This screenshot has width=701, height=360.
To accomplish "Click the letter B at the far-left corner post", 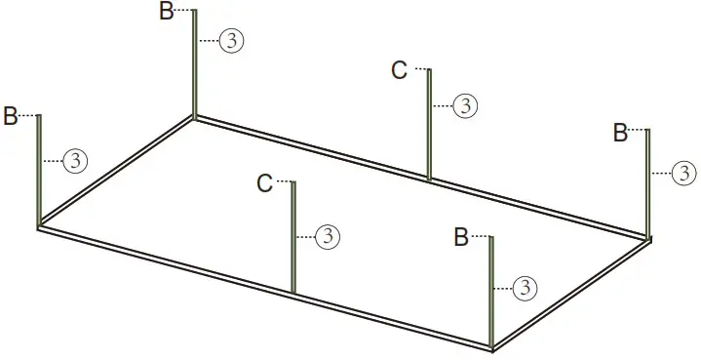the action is click(11, 115).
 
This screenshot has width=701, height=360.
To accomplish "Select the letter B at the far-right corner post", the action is click(620, 134).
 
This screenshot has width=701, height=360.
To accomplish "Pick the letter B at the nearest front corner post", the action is click(463, 237).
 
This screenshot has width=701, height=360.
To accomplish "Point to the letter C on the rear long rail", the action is click(399, 70).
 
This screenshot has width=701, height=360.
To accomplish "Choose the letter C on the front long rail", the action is click(264, 182).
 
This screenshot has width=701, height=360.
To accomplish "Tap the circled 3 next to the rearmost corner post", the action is click(231, 40).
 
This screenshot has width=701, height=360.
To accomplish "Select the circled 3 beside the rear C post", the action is click(466, 105).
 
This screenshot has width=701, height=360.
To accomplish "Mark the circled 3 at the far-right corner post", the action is click(685, 174).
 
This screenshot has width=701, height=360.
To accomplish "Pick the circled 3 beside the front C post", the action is click(329, 235).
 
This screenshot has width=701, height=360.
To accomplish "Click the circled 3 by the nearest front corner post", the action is click(526, 287).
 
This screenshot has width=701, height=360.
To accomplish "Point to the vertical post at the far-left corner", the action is click(39, 171).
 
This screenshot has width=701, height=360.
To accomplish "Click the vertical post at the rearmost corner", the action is click(194, 63).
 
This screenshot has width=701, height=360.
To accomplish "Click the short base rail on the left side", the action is click(115, 173).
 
